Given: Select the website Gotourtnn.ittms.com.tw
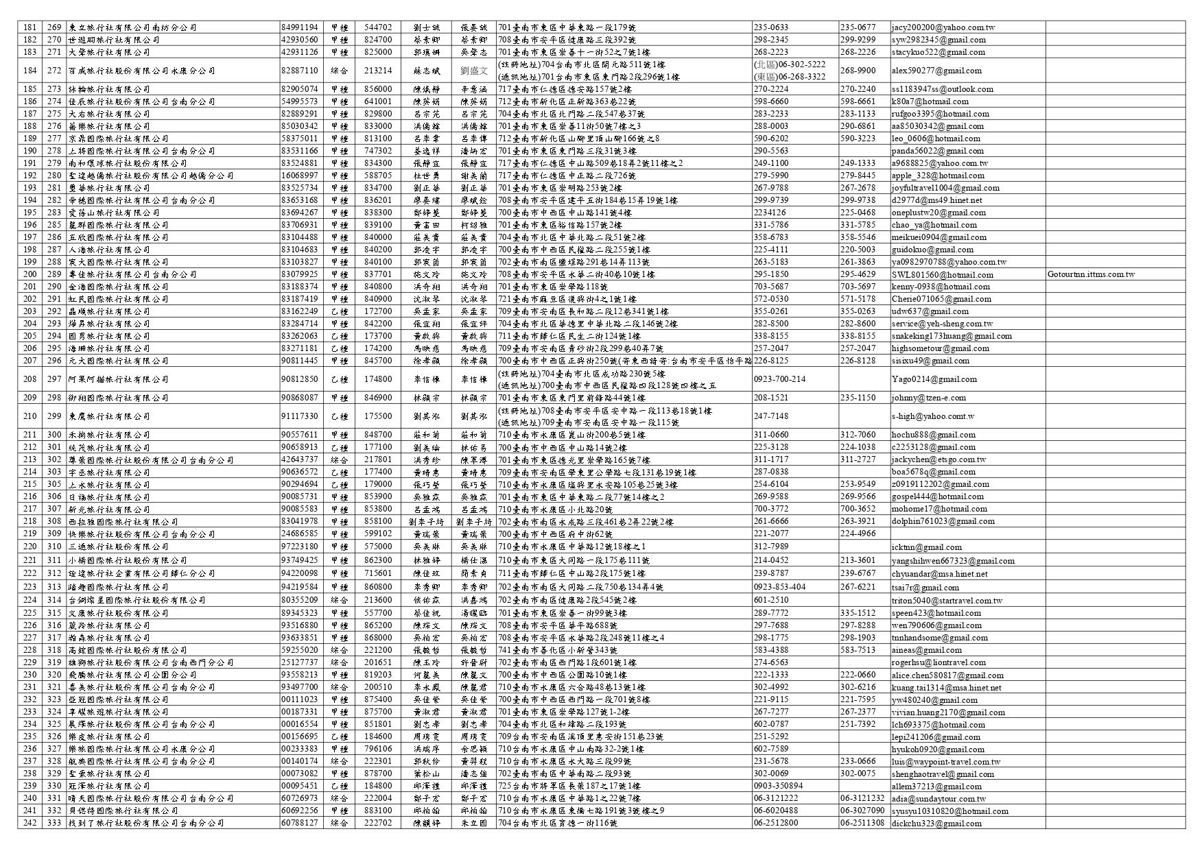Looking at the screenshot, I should click(1091, 274).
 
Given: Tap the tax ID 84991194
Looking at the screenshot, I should click(299, 27).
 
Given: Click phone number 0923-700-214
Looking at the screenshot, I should click(779, 379).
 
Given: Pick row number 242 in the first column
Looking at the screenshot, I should click(29, 823).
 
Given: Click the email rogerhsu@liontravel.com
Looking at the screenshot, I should click(939, 662).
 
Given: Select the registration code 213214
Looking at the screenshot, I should click(378, 71).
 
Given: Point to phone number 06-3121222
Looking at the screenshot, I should click(775, 798).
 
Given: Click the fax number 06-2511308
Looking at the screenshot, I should click(862, 823).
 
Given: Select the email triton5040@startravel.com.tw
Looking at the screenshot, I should click(947, 601).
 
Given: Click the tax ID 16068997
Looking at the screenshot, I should click(299, 176).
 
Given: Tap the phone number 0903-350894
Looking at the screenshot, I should click(778, 786).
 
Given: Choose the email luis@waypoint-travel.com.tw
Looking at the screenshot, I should click(945, 761).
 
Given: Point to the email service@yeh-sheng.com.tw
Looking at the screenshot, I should click(941, 324).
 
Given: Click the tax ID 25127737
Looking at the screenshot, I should click(299, 662).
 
